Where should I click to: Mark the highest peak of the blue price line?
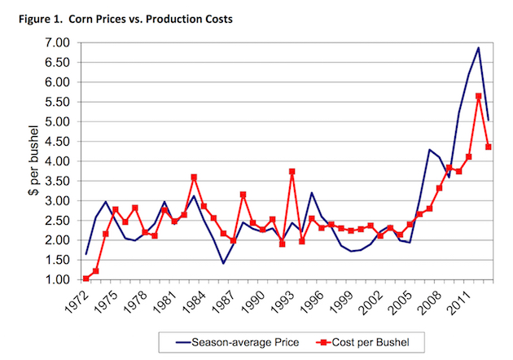[x=478, y=47]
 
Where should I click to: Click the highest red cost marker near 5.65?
[x=479, y=96]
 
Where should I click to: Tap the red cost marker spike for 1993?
[x=292, y=171]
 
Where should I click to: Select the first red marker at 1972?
[x=85, y=279]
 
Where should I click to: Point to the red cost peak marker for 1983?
[x=194, y=177]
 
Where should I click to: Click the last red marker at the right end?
[x=489, y=147]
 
